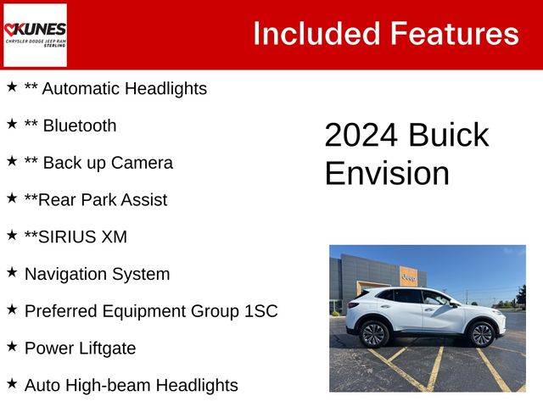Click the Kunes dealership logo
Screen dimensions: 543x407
coord(35,35)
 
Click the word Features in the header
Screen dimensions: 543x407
coord(455,34)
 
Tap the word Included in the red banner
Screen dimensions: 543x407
coord(316,34)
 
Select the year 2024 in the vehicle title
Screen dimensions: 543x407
coord(361,135)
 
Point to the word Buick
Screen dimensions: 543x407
coord(449,134)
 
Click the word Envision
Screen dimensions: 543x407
coord(387,173)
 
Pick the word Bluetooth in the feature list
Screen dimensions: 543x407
coord(80,125)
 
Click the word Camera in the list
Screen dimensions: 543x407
coord(142,163)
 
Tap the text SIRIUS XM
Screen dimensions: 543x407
coord(83,237)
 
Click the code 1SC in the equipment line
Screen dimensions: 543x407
coord(261,311)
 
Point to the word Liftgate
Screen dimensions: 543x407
coord(108,348)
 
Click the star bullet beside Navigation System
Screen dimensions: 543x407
coord(12,272)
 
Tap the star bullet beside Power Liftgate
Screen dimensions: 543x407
coord(12,347)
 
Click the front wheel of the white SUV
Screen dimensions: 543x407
coord(481,335)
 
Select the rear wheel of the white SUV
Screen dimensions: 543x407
coord(374,335)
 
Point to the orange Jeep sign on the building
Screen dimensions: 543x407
coord(409,276)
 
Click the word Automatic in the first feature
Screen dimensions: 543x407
coord(81,88)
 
